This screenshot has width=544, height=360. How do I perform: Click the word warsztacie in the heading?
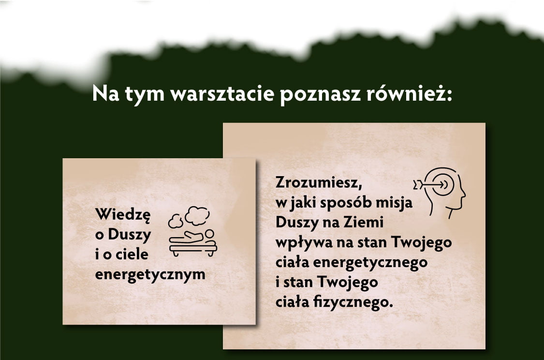[222, 94]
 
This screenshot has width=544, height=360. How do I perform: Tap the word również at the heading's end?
[410, 93]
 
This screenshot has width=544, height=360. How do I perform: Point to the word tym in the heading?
[145, 95]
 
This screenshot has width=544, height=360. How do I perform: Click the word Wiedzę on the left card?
[123, 215]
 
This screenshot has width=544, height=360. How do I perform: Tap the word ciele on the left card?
[132, 254]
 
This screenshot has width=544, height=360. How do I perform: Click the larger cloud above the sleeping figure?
[197, 216]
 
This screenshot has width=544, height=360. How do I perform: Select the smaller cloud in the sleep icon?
[176, 221]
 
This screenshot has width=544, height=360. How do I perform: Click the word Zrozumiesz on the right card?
[319, 182]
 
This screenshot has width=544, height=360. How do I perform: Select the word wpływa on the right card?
[304, 243]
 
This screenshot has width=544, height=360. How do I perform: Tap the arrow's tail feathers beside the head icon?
[418, 185]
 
